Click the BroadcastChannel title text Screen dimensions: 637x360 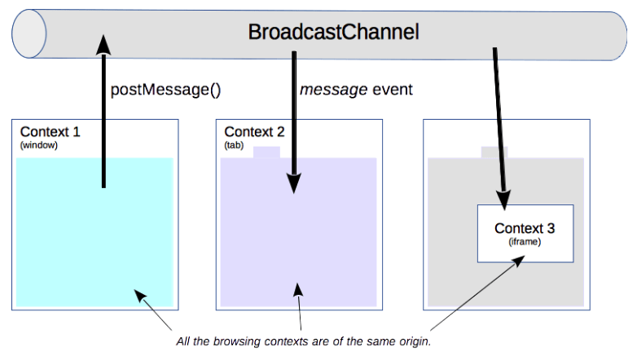[x=333, y=32]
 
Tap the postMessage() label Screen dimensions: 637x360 [x=165, y=90]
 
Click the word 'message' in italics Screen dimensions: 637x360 [x=333, y=90]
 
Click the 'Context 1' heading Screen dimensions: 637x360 [x=51, y=132]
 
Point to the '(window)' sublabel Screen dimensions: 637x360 [x=39, y=145]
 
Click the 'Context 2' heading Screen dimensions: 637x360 [x=254, y=132]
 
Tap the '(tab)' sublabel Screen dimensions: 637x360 [x=234, y=145]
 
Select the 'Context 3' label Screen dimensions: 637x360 [x=525, y=228]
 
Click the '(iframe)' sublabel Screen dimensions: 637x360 [x=525, y=242]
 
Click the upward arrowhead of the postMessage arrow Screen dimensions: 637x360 [x=103, y=44]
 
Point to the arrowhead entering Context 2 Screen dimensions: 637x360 [x=294, y=183]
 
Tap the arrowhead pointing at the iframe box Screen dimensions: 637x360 [x=503, y=200]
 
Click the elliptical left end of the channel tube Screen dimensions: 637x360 [x=29, y=33]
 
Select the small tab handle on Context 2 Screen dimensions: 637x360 [x=266, y=152]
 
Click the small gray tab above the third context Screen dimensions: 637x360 [x=494, y=152]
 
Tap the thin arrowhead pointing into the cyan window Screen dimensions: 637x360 [x=140, y=295]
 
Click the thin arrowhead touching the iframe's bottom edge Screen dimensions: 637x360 [x=519, y=261]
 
